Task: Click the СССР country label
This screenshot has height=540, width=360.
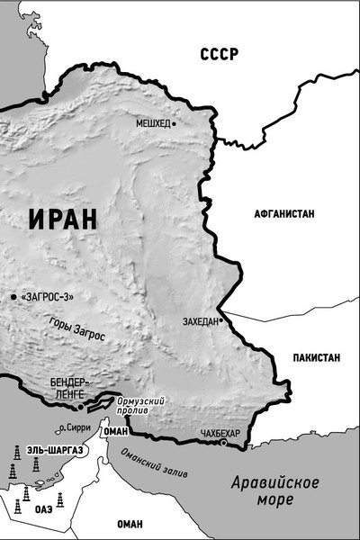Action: coord(220,54)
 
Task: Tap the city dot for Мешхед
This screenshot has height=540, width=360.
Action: coord(175,122)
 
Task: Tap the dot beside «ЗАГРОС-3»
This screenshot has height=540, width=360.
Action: coord(13,296)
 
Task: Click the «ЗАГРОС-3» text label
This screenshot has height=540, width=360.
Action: coord(46,296)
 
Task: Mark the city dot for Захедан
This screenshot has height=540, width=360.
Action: coord(220,319)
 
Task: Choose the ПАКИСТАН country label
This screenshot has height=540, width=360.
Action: coord(316,357)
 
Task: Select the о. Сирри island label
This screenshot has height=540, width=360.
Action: coord(76,428)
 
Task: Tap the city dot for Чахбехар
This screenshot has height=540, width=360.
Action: coord(222,442)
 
